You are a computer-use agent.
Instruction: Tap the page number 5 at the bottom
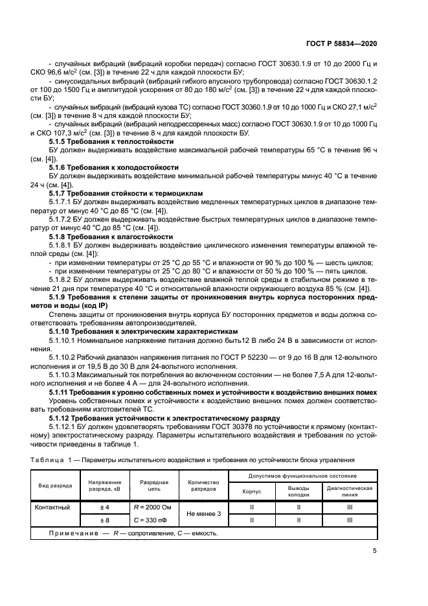click(x=375, y=552)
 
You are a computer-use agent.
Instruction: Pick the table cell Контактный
click(x=52, y=507)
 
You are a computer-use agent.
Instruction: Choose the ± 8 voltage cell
click(x=104, y=520)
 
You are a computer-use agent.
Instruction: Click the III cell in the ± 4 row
click(x=350, y=507)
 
